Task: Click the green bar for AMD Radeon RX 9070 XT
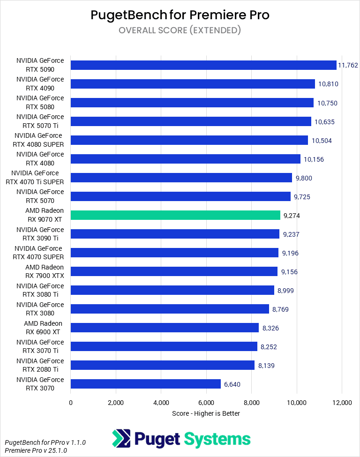click(175, 215)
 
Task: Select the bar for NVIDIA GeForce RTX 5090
click(203, 65)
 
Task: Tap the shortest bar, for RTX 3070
click(145, 384)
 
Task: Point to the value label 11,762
click(348, 65)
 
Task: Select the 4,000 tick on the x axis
click(161, 403)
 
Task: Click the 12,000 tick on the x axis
click(342, 403)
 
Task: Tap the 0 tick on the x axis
click(71, 403)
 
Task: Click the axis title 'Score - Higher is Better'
click(206, 413)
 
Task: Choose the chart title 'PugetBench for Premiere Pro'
click(180, 15)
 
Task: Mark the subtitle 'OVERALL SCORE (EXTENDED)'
click(180, 30)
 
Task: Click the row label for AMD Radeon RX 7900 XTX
click(44, 271)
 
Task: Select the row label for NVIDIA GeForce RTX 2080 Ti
click(40, 365)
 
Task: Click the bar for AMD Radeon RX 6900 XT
click(165, 328)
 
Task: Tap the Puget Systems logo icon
click(121, 439)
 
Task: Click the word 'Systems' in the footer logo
click(217, 439)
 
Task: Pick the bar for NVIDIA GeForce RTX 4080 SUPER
click(189, 140)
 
